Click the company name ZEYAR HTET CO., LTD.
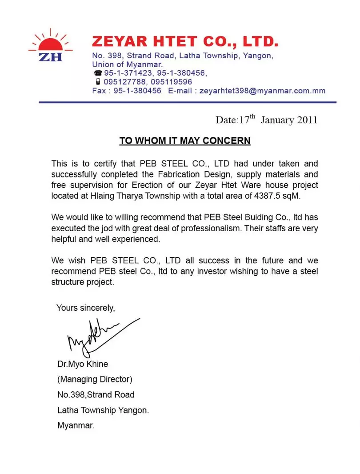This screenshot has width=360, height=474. (185, 42)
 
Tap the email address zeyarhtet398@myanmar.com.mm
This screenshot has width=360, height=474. (262, 91)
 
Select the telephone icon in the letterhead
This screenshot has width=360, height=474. (97, 73)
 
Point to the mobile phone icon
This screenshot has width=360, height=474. (97, 82)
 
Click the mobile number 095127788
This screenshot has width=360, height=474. (125, 82)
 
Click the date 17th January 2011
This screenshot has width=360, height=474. (267, 120)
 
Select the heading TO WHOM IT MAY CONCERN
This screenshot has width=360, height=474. (185, 141)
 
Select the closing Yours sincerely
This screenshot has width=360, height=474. (86, 308)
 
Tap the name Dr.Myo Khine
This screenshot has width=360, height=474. (83, 364)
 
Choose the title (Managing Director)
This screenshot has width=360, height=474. (95, 379)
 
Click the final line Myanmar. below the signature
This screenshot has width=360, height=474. (76, 425)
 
